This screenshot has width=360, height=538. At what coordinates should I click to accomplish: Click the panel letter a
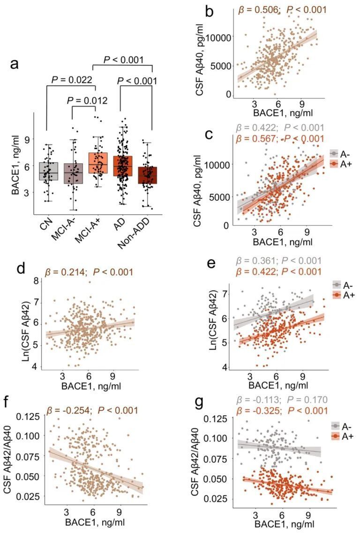coord(15,65)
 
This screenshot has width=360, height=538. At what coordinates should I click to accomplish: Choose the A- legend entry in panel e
coord(337,285)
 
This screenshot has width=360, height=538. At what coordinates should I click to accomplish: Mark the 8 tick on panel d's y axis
coord(33,281)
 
